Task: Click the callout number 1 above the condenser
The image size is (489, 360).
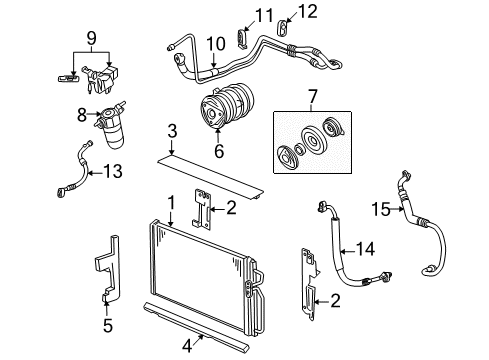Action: pos(172,202)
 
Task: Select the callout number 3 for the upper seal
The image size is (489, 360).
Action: pos(171,132)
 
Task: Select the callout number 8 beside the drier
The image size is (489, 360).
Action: pos(84,116)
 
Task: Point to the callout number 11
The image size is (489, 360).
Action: pos(263,13)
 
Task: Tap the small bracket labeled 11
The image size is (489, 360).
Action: pos(240,37)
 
